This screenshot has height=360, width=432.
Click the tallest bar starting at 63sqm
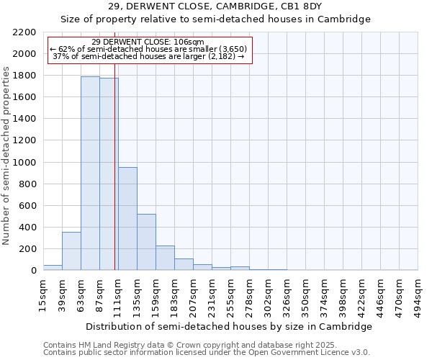pyautogui.click(x=90, y=173)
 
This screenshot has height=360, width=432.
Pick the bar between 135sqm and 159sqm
pyautogui.click(x=146, y=242)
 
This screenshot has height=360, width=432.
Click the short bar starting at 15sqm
pyautogui.click(x=53, y=267)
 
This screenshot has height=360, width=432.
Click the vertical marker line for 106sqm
pyautogui.click(x=114, y=166)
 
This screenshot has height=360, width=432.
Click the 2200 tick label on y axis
pyautogui.click(x=24, y=32)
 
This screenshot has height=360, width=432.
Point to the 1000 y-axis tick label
pyautogui.click(x=24, y=163)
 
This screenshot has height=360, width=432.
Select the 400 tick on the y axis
pyautogui.click(x=27, y=228)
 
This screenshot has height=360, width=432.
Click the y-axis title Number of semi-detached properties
pyautogui.click(x=7, y=156)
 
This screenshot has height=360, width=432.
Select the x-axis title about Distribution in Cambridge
pyautogui.click(x=230, y=326)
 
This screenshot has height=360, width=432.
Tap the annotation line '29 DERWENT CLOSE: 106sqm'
pyautogui.click(x=148, y=42)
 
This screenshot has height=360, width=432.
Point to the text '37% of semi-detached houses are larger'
pyautogui.click(x=150, y=56)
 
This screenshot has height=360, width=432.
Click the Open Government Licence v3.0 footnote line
pyautogui.click(x=207, y=352)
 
